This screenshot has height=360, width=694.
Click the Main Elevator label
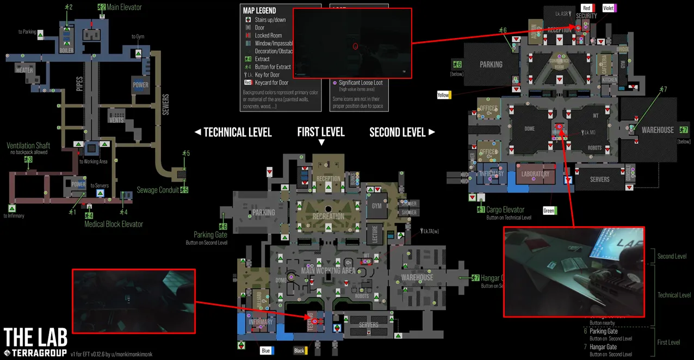tap(124, 7)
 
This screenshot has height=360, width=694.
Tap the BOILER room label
tap(66, 51)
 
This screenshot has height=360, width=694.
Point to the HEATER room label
tap(24, 70)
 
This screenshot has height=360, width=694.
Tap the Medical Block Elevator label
tap(114, 224)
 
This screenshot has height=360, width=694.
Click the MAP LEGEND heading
tap(259, 10)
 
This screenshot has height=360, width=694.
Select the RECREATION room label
tap(328, 216)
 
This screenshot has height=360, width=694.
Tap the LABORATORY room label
tap(535, 175)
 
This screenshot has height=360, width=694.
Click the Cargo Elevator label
tap(506, 209)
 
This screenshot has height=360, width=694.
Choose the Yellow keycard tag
tap(444, 95)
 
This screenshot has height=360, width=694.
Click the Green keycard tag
tap(549, 210)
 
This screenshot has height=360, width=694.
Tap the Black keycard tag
tap(300, 351)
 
